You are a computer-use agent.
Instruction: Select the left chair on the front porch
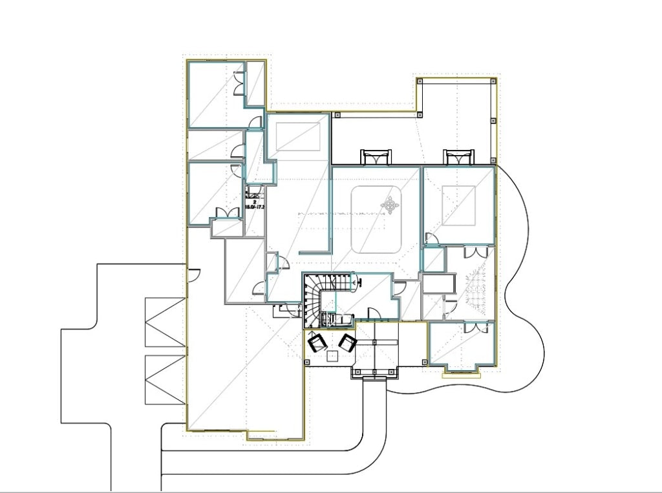coord(316,342)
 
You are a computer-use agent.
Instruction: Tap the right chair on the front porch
coord(348,342)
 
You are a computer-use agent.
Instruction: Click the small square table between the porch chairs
coord(332,355)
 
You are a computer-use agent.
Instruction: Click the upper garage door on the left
coord(165,322)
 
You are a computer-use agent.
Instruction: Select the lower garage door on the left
coord(165,379)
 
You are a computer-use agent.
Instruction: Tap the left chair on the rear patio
coord(376,157)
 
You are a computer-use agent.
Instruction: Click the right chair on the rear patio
coord(458,157)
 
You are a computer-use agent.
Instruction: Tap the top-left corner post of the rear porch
coord(420,81)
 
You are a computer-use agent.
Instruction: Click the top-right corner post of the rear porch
coord(494,81)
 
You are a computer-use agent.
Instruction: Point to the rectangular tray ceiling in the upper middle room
coord(298,136)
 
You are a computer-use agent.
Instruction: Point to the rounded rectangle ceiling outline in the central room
coord(378,220)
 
